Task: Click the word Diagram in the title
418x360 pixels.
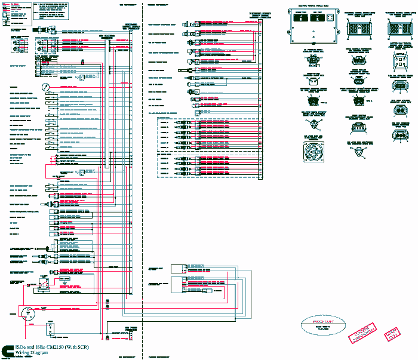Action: [x=44, y=353]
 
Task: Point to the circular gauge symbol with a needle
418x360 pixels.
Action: [x=46, y=87]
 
